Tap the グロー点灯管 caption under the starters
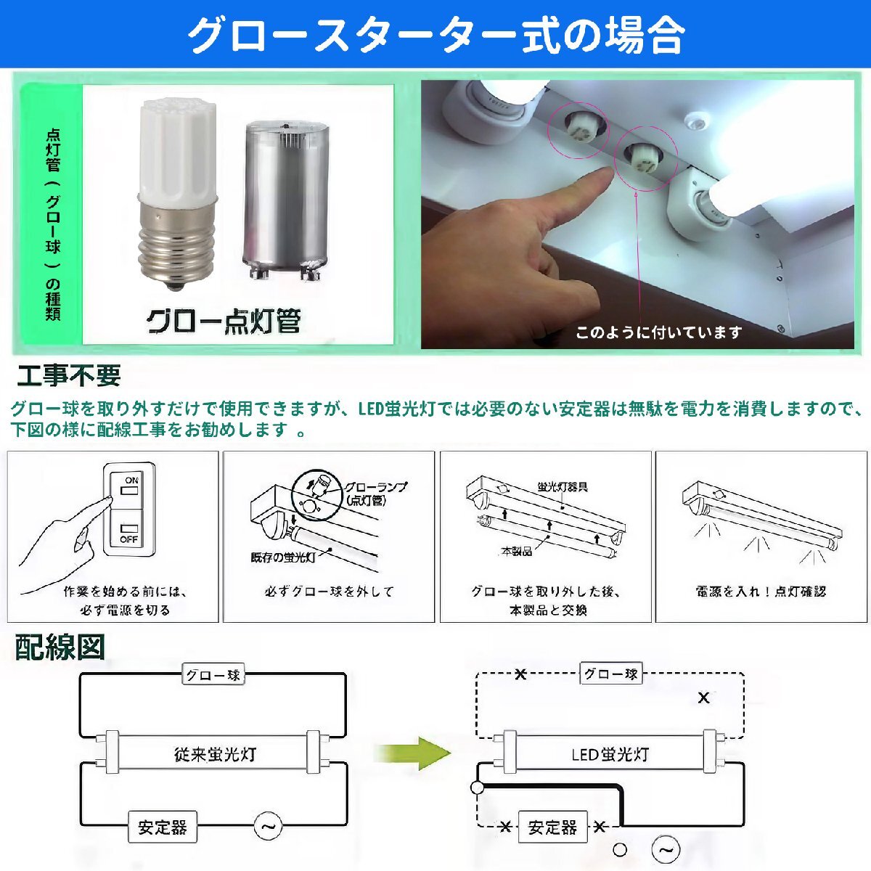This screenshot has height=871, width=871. pos(224,321)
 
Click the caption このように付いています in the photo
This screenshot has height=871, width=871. pos(659,332)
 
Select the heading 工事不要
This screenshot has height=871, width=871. pos(68,376)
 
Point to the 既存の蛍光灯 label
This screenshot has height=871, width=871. pos(283,557)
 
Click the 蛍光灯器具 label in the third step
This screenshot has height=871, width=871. pos(563,486)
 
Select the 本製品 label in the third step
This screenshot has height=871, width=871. pos(516,552)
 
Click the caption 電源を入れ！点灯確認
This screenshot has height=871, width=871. pos(761,592)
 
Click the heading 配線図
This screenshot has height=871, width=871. pos(60,647)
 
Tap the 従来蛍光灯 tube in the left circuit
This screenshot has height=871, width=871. pos(215,753)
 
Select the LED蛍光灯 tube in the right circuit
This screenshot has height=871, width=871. pos(610,753)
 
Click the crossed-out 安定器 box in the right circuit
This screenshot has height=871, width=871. pos(552,827)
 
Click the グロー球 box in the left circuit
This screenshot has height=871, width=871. pos(213,675)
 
